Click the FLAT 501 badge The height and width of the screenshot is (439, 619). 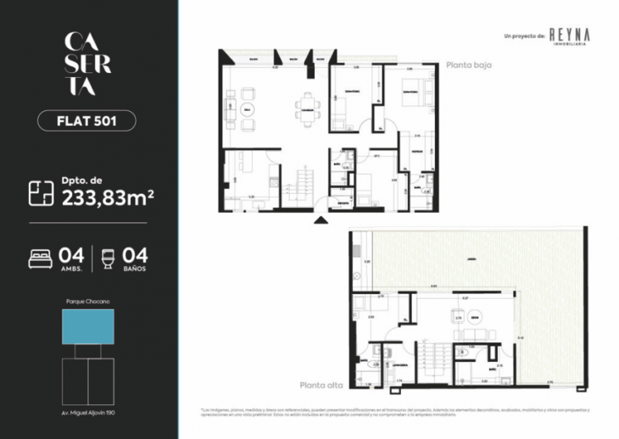click(x=86, y=120)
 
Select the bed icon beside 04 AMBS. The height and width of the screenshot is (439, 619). click(x=40, y=258)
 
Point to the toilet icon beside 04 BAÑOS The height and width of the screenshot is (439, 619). click(x=108, y=258)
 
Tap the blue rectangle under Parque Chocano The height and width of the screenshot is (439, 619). click(x=87, y=326)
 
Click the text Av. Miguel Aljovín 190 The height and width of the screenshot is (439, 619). click(x=87, y=412)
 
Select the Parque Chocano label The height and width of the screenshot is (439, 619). click(x=87, y=302)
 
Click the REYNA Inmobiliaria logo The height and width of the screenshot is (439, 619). click(x=569, y=35)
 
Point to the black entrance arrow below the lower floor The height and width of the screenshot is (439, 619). click(x=320, y=220)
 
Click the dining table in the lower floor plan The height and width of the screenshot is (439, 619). click(x=306, y=109)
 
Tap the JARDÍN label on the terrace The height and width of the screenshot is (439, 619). click(x=469, y=259)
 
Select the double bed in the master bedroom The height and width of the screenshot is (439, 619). click(x=409, y=96)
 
